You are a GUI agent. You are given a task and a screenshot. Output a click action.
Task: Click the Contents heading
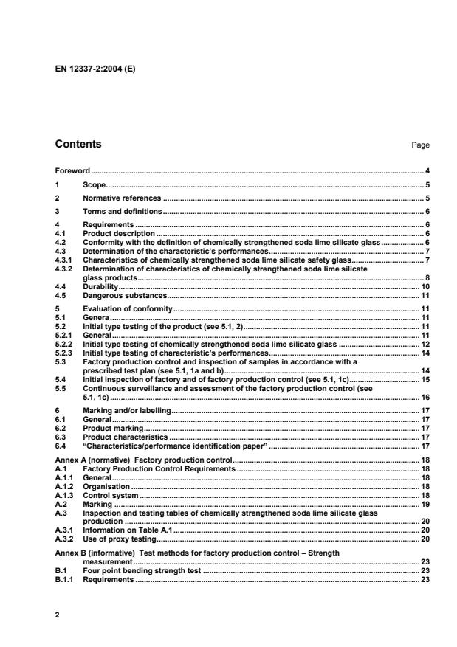click(78, 145)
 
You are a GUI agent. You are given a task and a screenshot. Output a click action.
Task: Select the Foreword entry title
click(73, 171)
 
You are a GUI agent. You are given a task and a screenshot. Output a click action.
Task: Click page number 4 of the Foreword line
click(427, 171)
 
